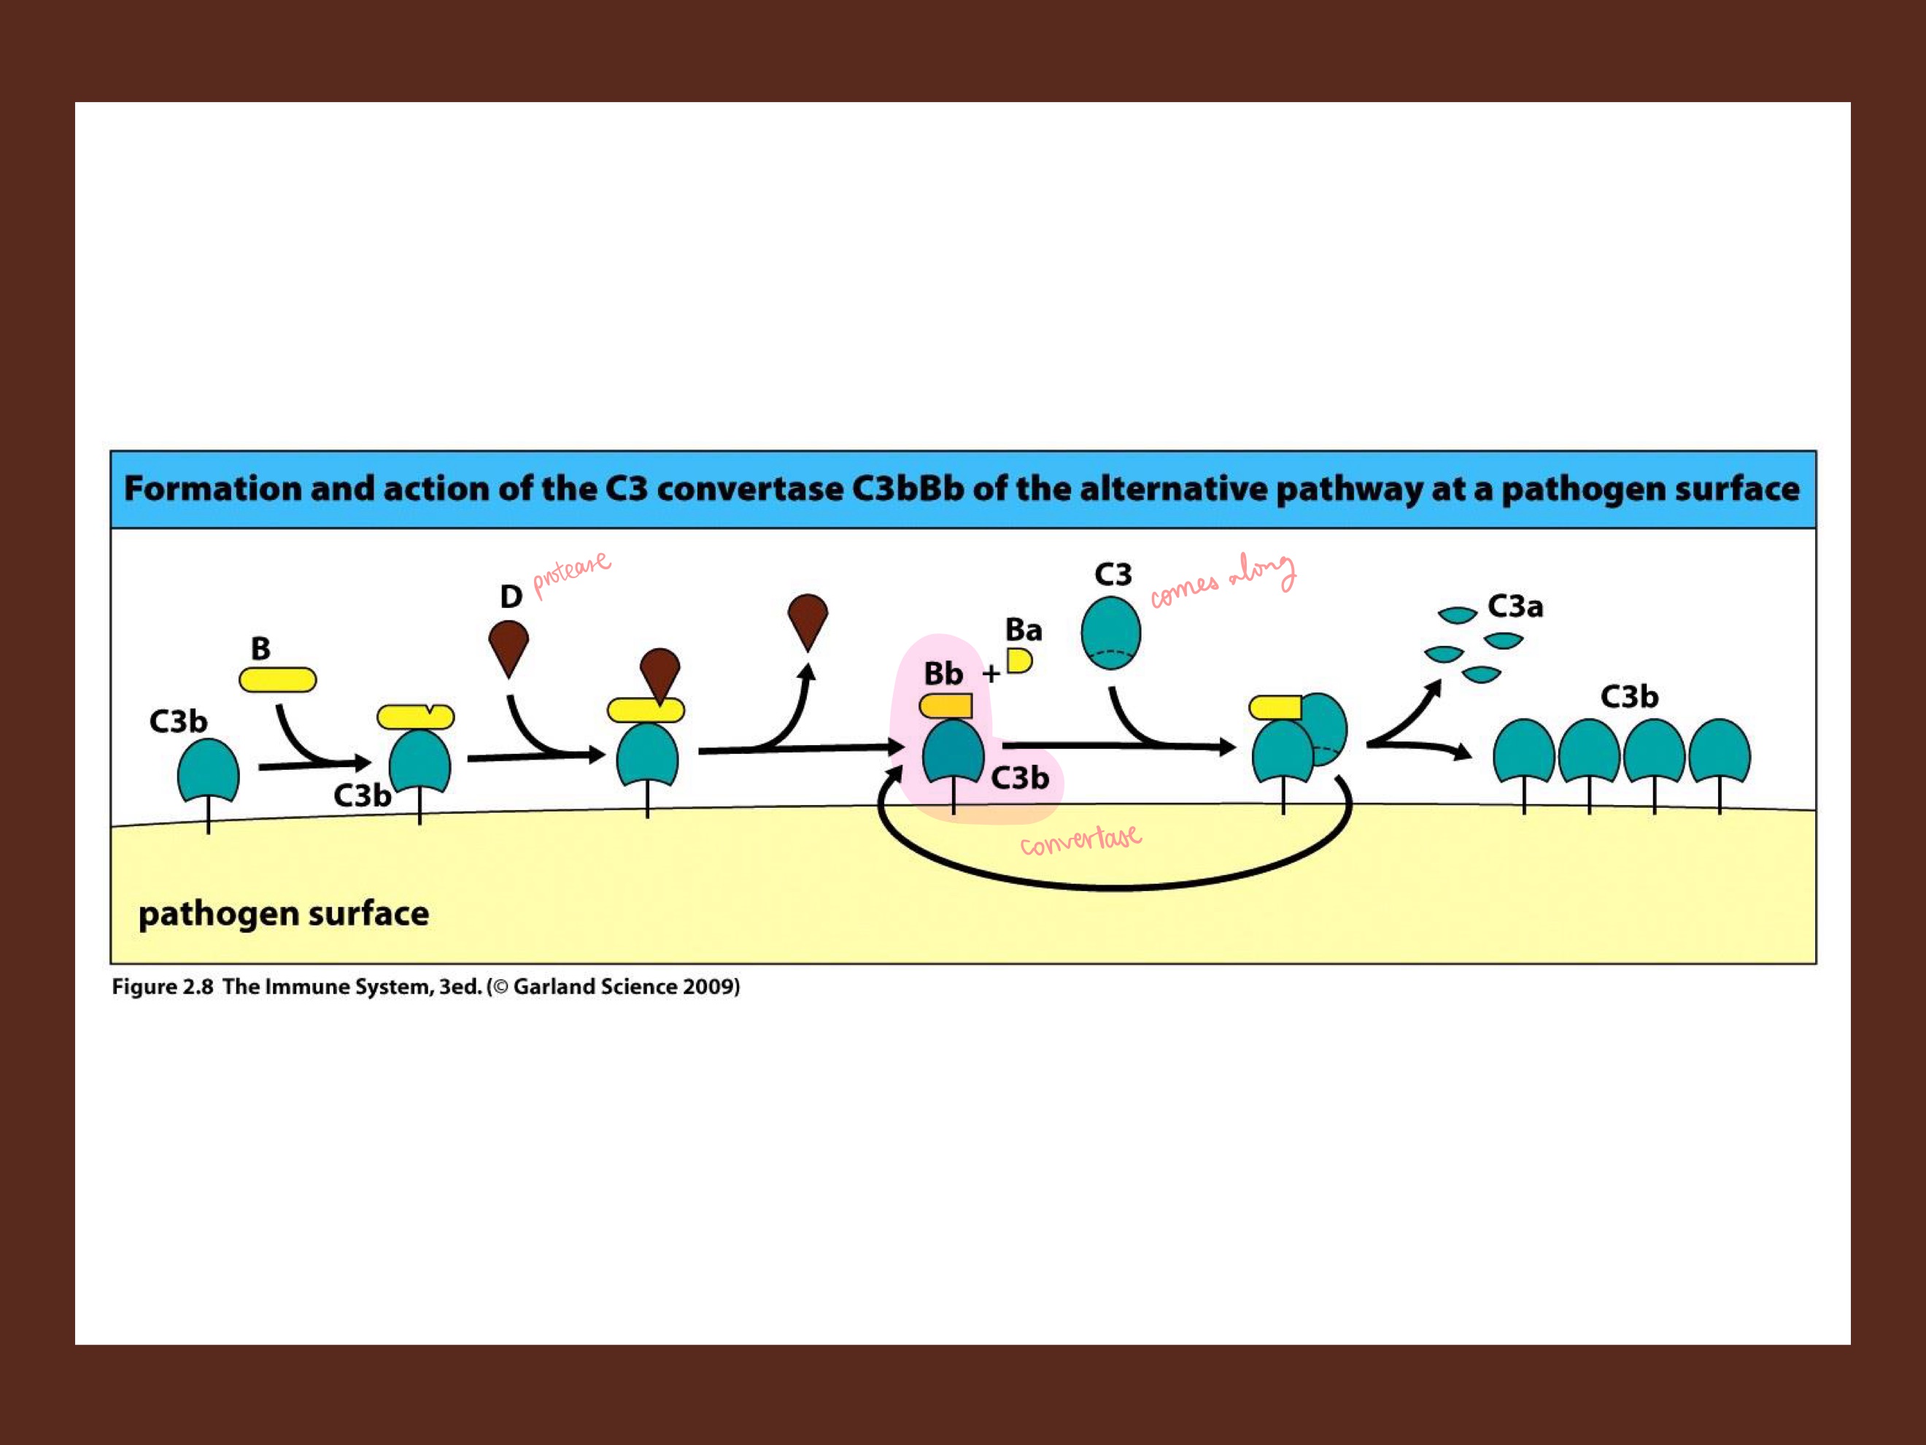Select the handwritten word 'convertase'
(x=1080, y=841)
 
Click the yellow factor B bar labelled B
(x=278, y=679)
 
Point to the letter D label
(x=511, y=597)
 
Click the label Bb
(x=943, y=674)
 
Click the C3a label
(x=1515, y=606)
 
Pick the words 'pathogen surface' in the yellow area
(x=284, y=914)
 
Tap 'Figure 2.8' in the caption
(x=162, y=987)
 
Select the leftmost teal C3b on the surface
(x=208, y=769)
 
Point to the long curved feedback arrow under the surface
(x=1115, y=885)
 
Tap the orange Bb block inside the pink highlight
(x=946, y=706)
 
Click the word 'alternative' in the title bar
(x=1175, y=489)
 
